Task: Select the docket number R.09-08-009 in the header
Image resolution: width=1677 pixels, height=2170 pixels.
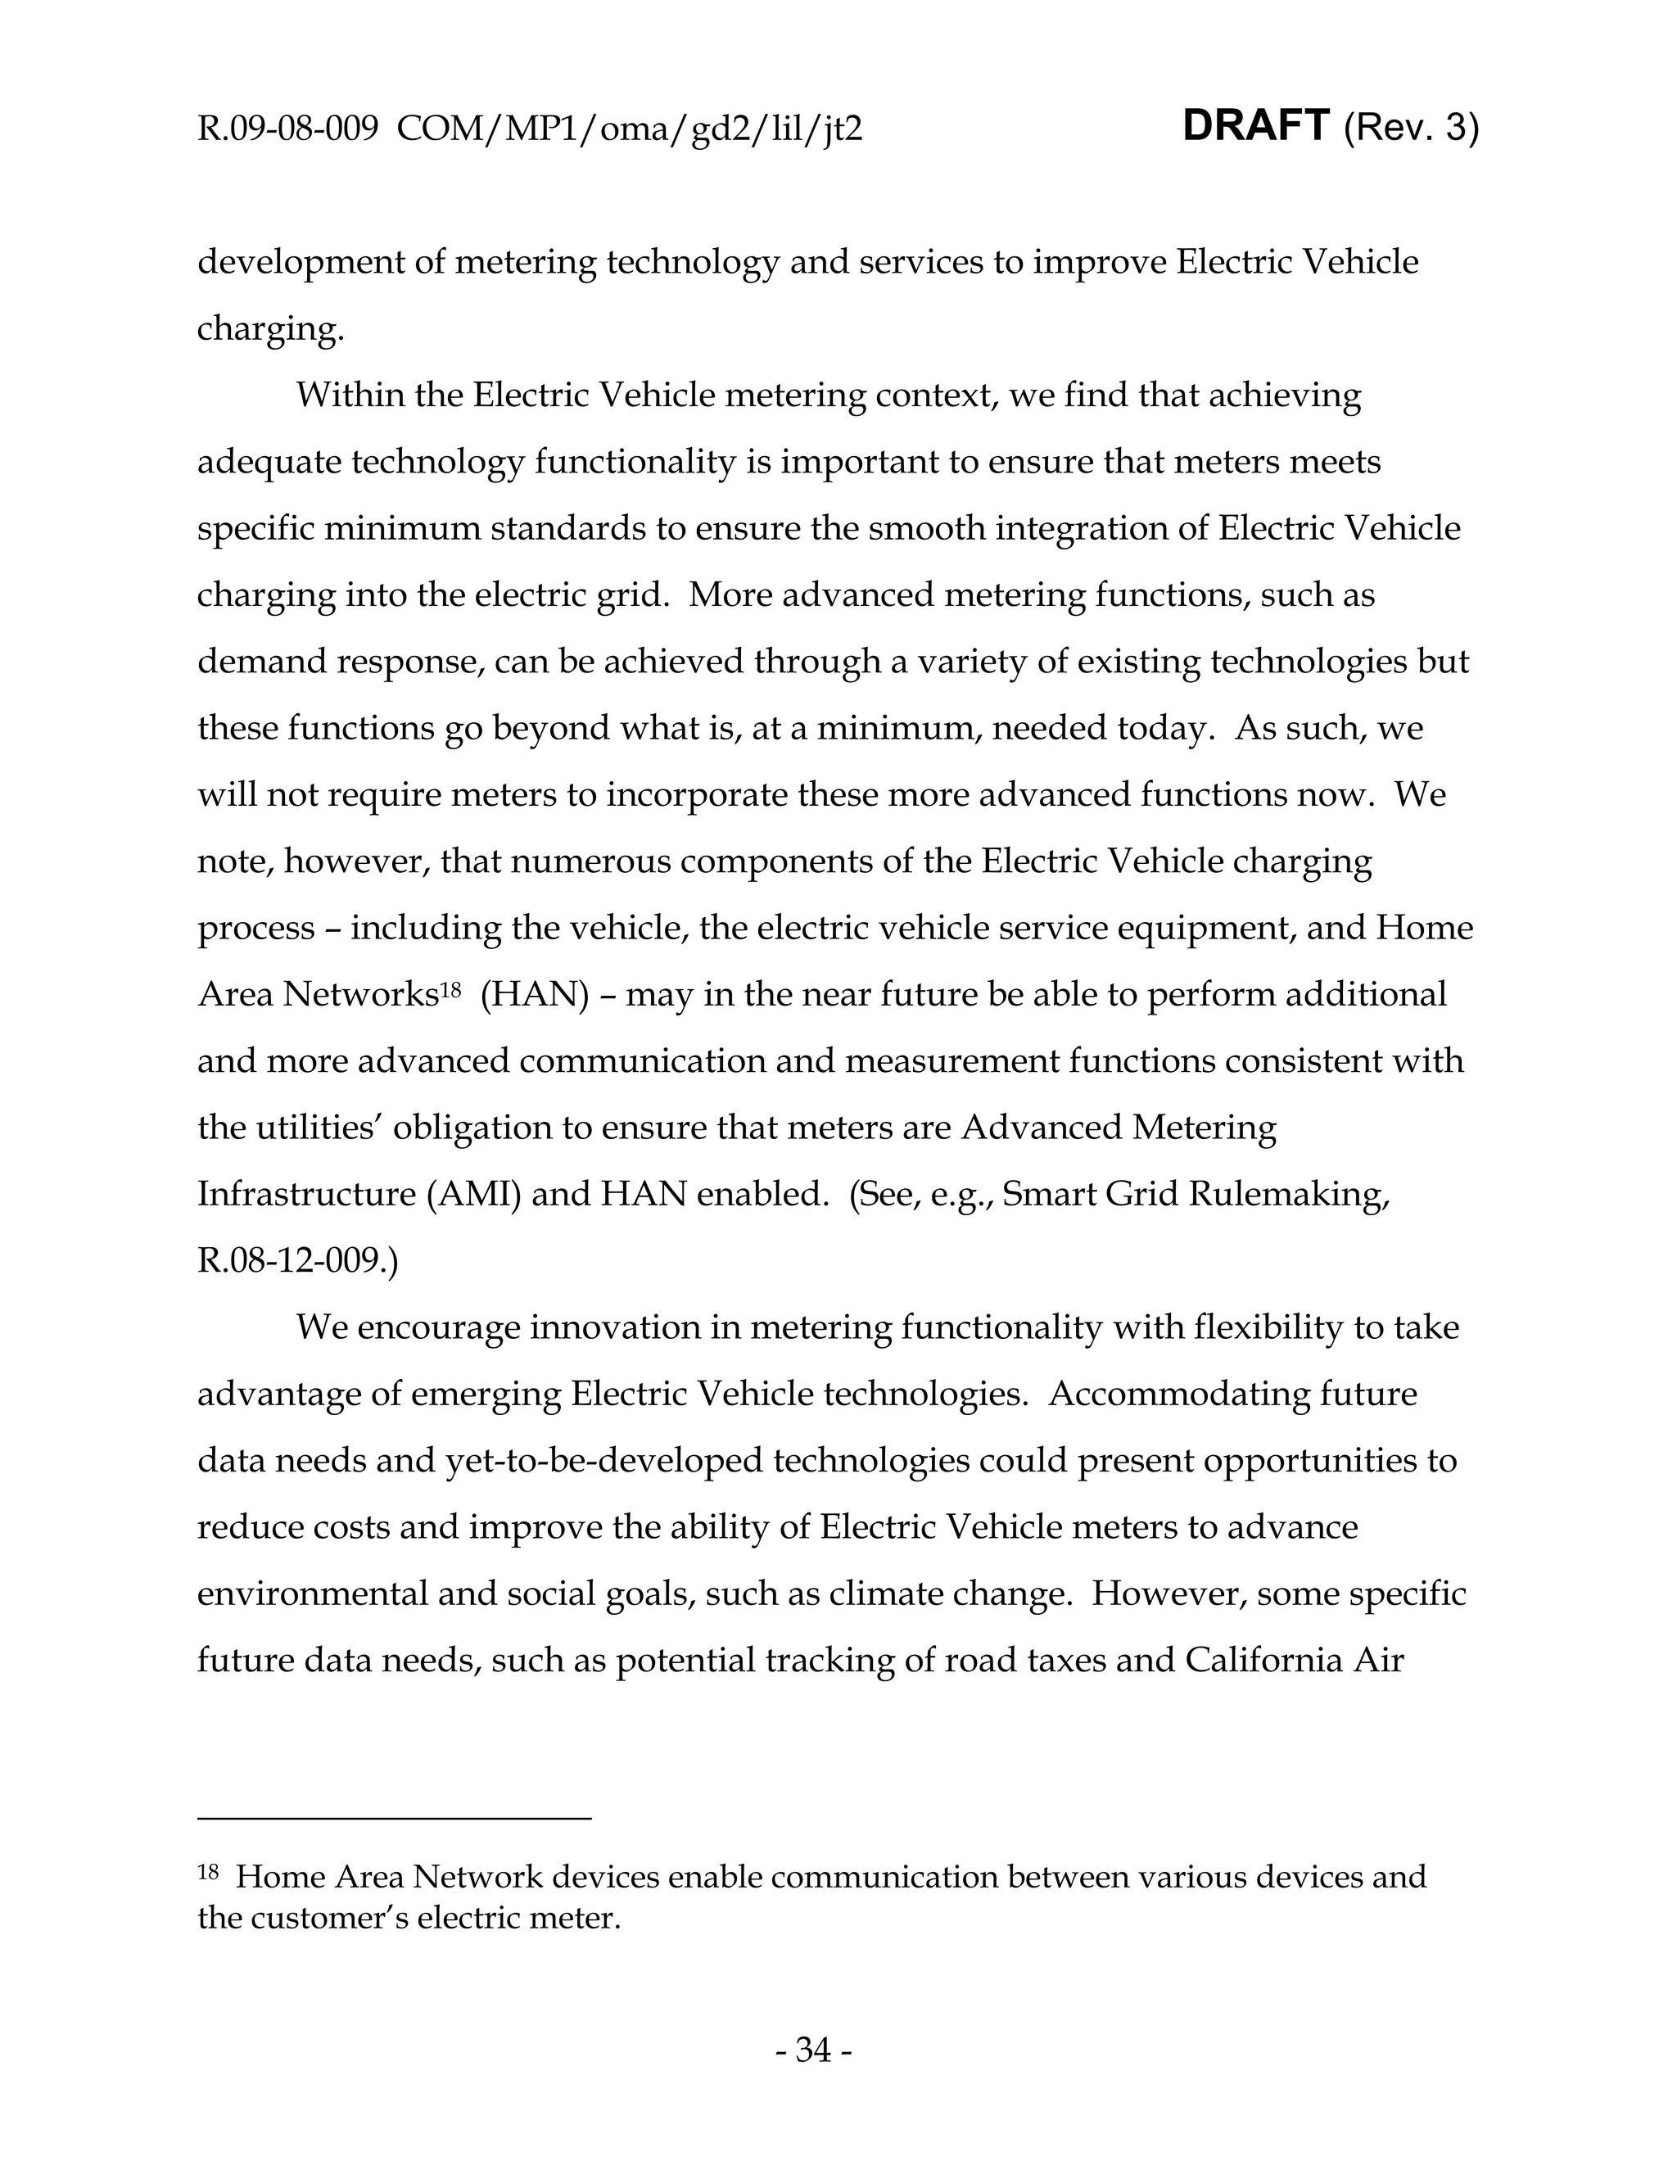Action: click(x=287, y=129)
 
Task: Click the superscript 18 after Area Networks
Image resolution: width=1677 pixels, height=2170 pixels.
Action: click(x=450, y=988)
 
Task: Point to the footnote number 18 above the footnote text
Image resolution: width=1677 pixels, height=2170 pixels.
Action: click(x=208, y=1872)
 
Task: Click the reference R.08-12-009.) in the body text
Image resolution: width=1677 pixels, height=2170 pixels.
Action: click(x=297, y=1261)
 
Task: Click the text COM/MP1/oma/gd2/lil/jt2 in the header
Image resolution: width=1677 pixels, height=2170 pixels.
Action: click(x=629, y=129)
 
